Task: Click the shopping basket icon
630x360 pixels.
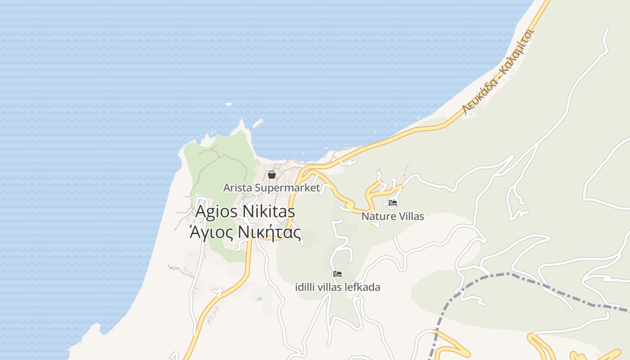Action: [272, 175]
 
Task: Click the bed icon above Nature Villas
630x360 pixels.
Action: [393, 203]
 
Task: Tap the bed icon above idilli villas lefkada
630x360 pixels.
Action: [337, 274]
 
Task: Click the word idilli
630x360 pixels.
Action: [305, 287]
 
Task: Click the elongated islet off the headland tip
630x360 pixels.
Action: [257, 123]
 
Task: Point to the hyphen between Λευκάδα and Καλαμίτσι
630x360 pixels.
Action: [498, 75]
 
